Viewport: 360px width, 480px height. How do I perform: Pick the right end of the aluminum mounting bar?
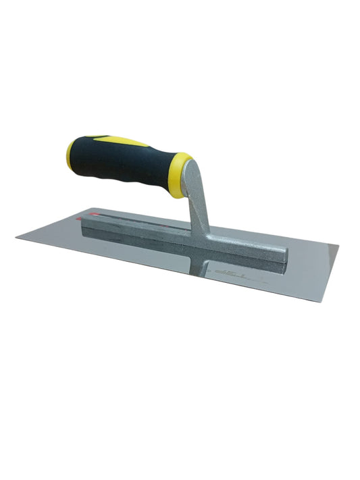coord(286,255)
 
